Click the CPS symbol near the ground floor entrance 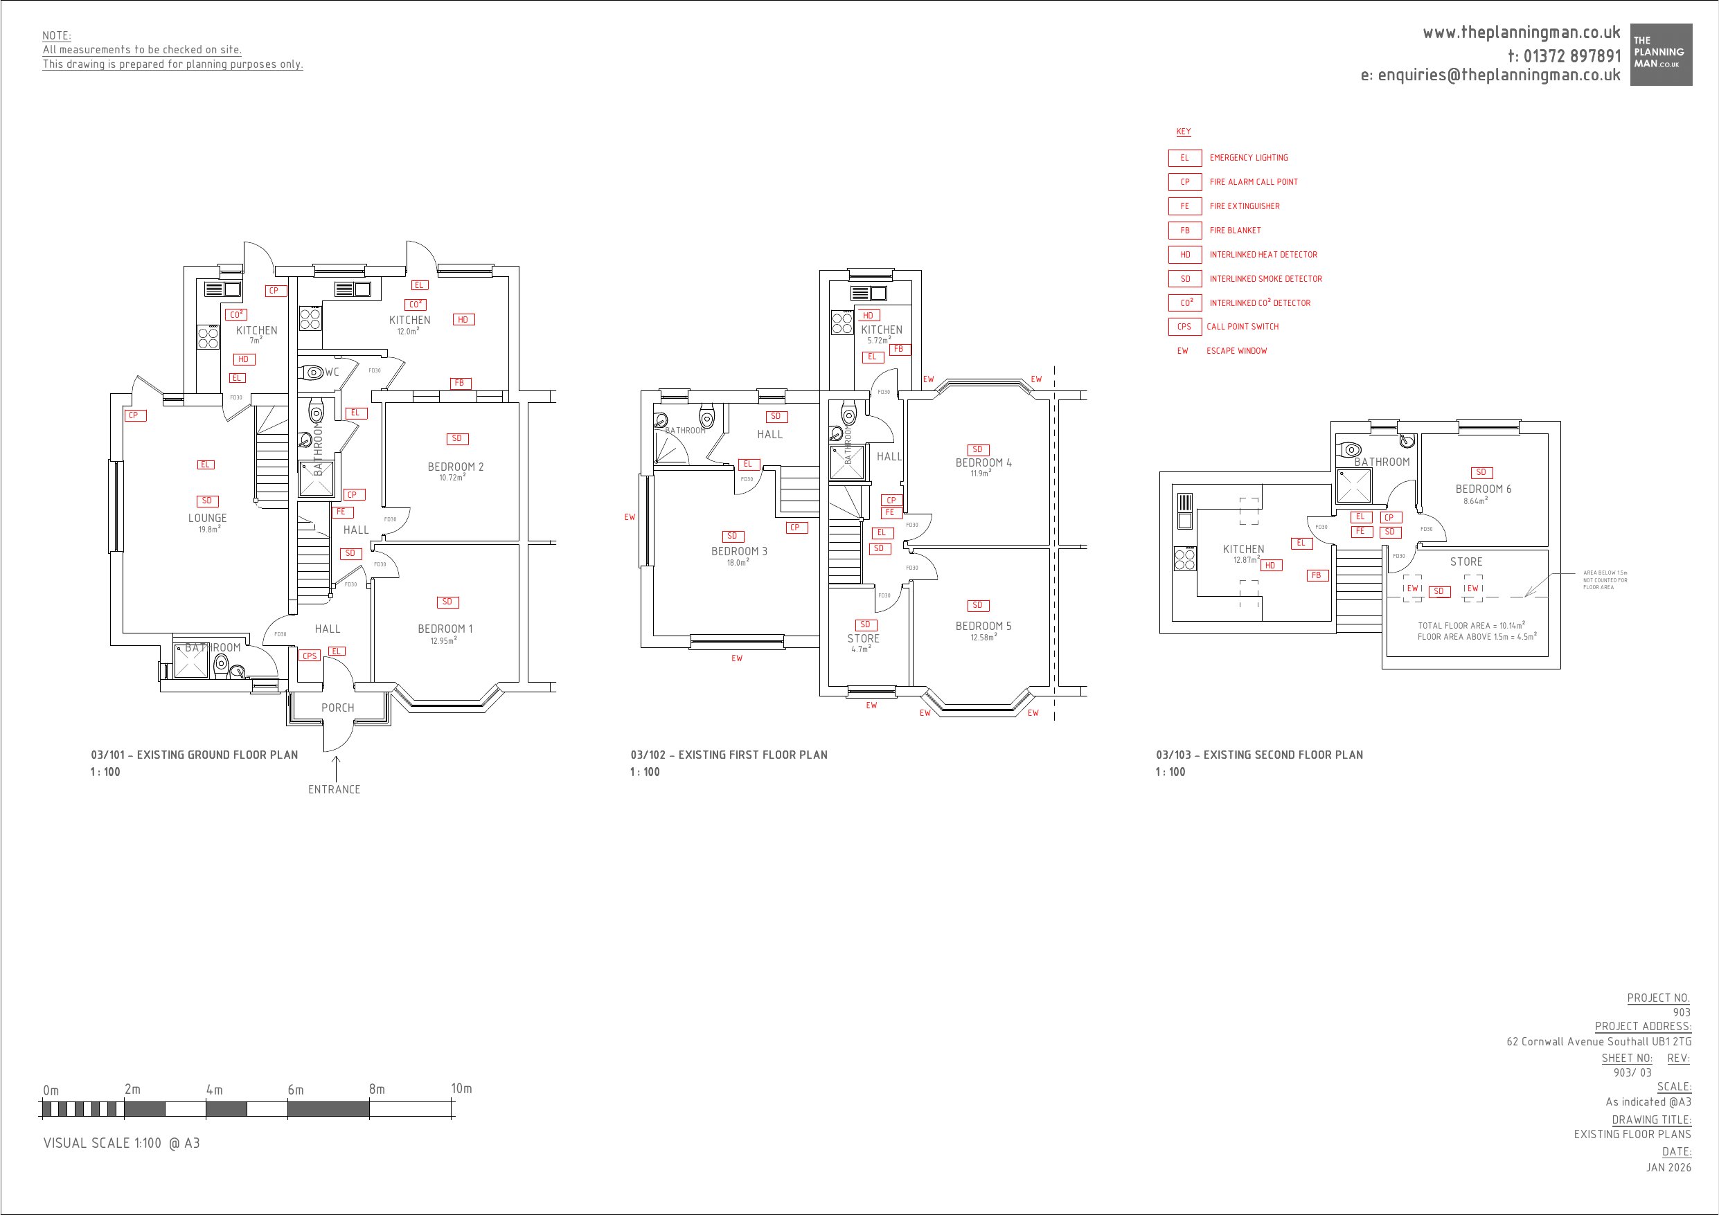tap(309, 656)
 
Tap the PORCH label tap(338, 708)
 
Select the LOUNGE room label tap(207, 518)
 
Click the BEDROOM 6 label tap(1483, 489)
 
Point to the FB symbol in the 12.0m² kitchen tap(460, 384)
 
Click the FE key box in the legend tap(1184, 206)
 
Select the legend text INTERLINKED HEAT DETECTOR tap(1263, 255)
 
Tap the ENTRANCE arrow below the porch tap(336, 769)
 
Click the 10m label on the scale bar tap(461, 1088)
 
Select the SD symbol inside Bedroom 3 tap(732, 536)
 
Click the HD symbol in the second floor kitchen tap(1270, 566)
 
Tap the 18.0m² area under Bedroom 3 tap(738, 562)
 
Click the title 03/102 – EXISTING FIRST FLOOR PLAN tap(729, 755)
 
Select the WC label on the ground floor tap(332, 372)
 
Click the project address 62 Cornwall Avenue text tap(1598, 1041)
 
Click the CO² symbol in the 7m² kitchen tap(237, 315)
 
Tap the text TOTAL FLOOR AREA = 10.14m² tap(1470, 625)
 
